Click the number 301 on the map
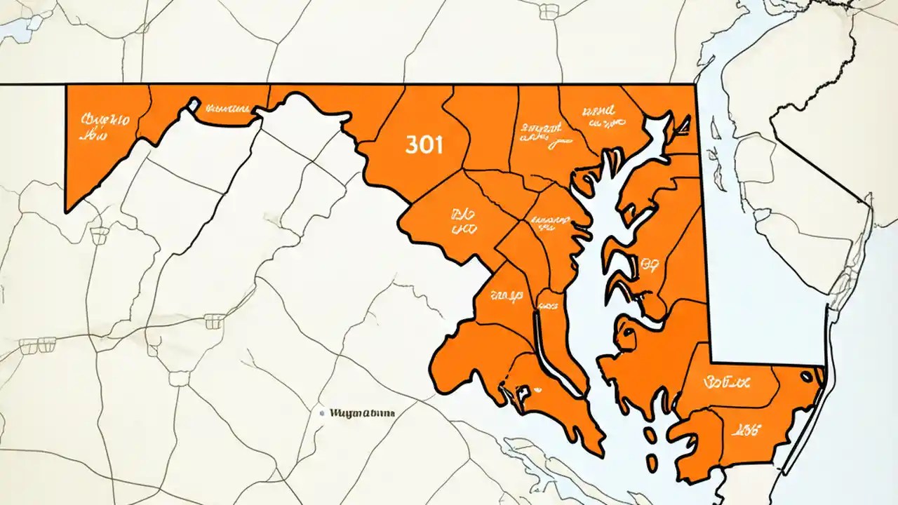click(424, 145)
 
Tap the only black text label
click(361, 414)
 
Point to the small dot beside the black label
click(322, 414)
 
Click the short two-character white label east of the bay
click(650, 264)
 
